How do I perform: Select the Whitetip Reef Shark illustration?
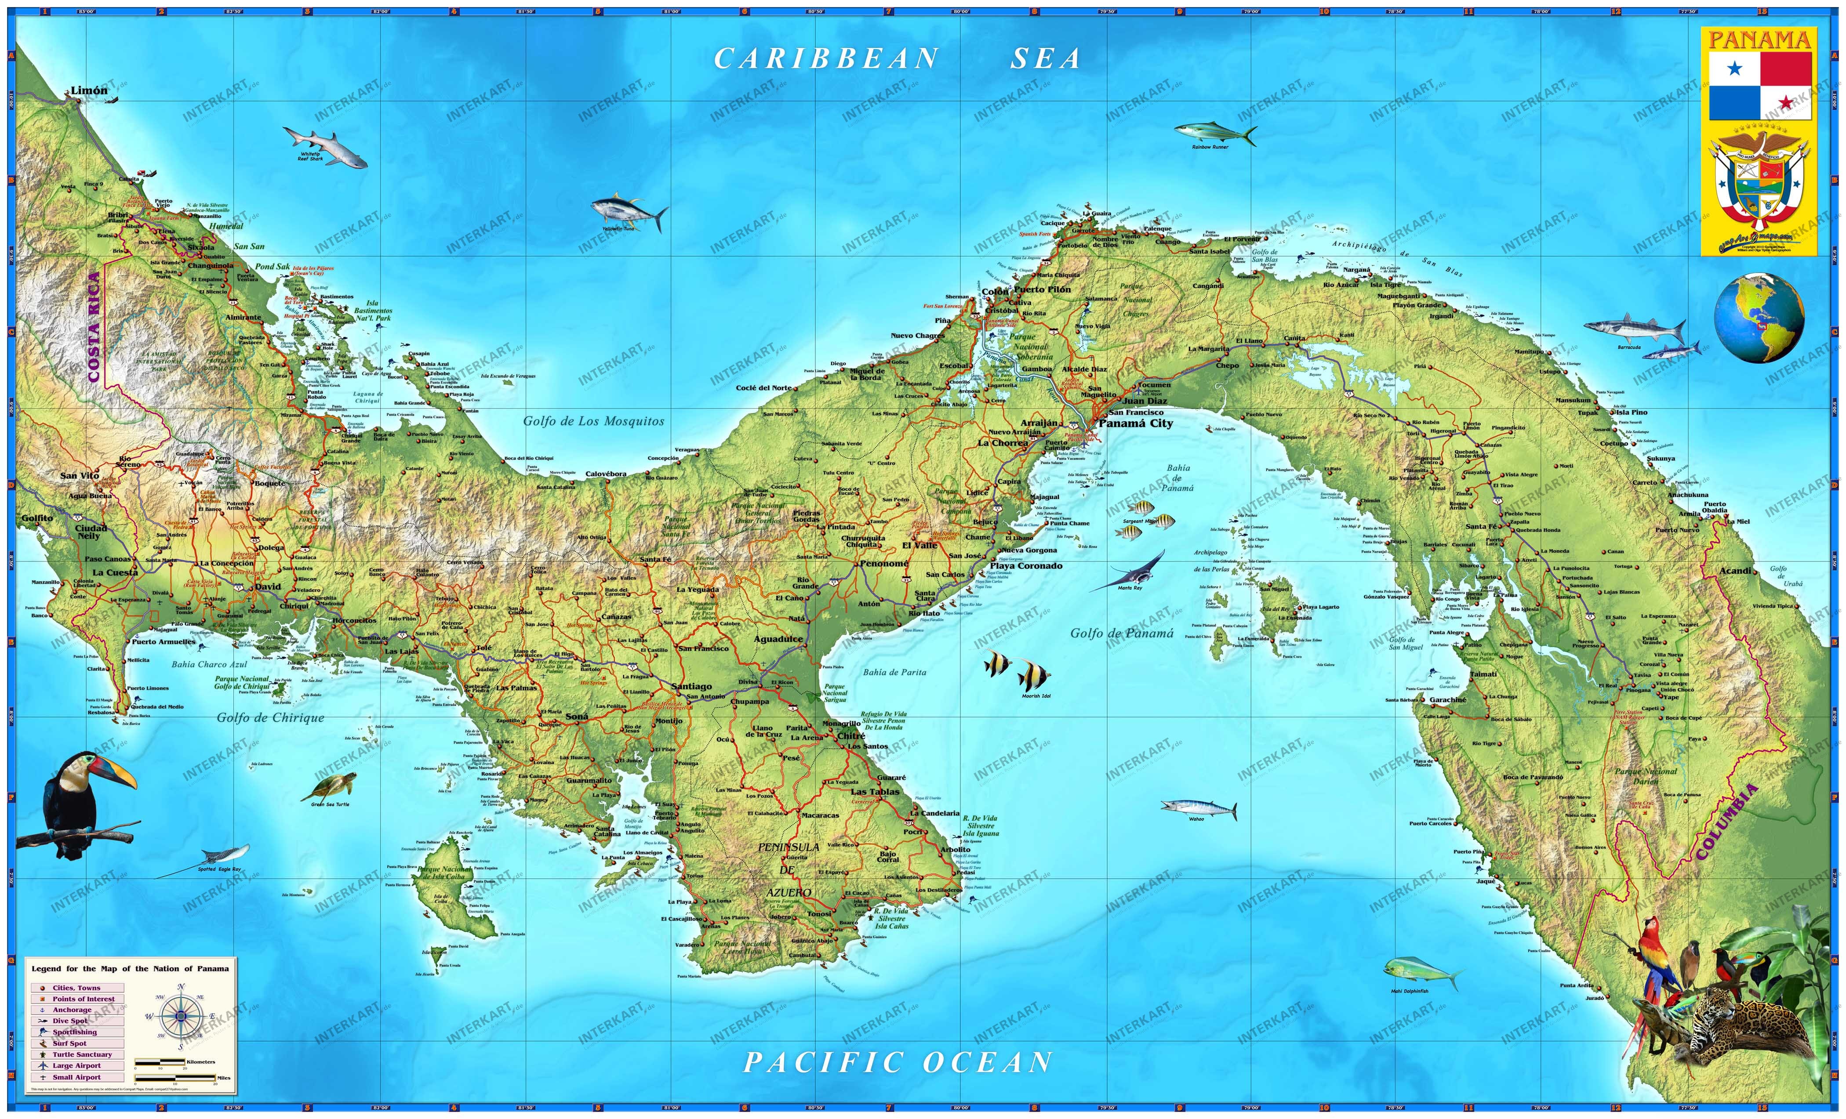click(x=325, y=145)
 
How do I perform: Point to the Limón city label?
click(x=89, y=91)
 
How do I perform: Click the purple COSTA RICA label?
click(x=94, y=327)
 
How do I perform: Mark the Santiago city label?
click(x=691, y=686)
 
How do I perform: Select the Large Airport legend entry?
click(x=76, y=1065)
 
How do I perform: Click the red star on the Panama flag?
click(x=1786, y=103)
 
